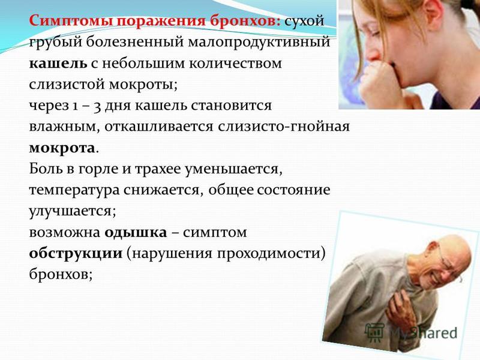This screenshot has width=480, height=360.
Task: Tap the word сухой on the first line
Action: pyautogui.click(x=304, y=22)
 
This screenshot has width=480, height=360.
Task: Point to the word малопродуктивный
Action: pyautogui.click(x=259, y=43)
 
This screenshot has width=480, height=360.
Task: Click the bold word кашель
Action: pyautogui.click(x=58, y=64)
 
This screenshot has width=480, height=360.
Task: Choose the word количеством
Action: pyautogui.click(x=235, y=64)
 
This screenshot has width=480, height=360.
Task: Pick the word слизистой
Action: pyautogui.click(x=67, y=84)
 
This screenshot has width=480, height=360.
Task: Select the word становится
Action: pyautogui.click(x=231, y=106)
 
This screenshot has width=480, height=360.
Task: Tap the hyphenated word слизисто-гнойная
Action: pyautogui.click(x=283, y=127)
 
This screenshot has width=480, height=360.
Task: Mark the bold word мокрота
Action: pyautogui.click(x=62, y=148)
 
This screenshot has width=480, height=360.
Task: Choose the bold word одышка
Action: pyautogui.click(x=136, y=233)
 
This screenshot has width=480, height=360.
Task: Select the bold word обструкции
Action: pyautogui.click(x=76, y=254)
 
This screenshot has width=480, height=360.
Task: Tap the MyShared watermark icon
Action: pyautogui.click(x=374, y=332)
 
